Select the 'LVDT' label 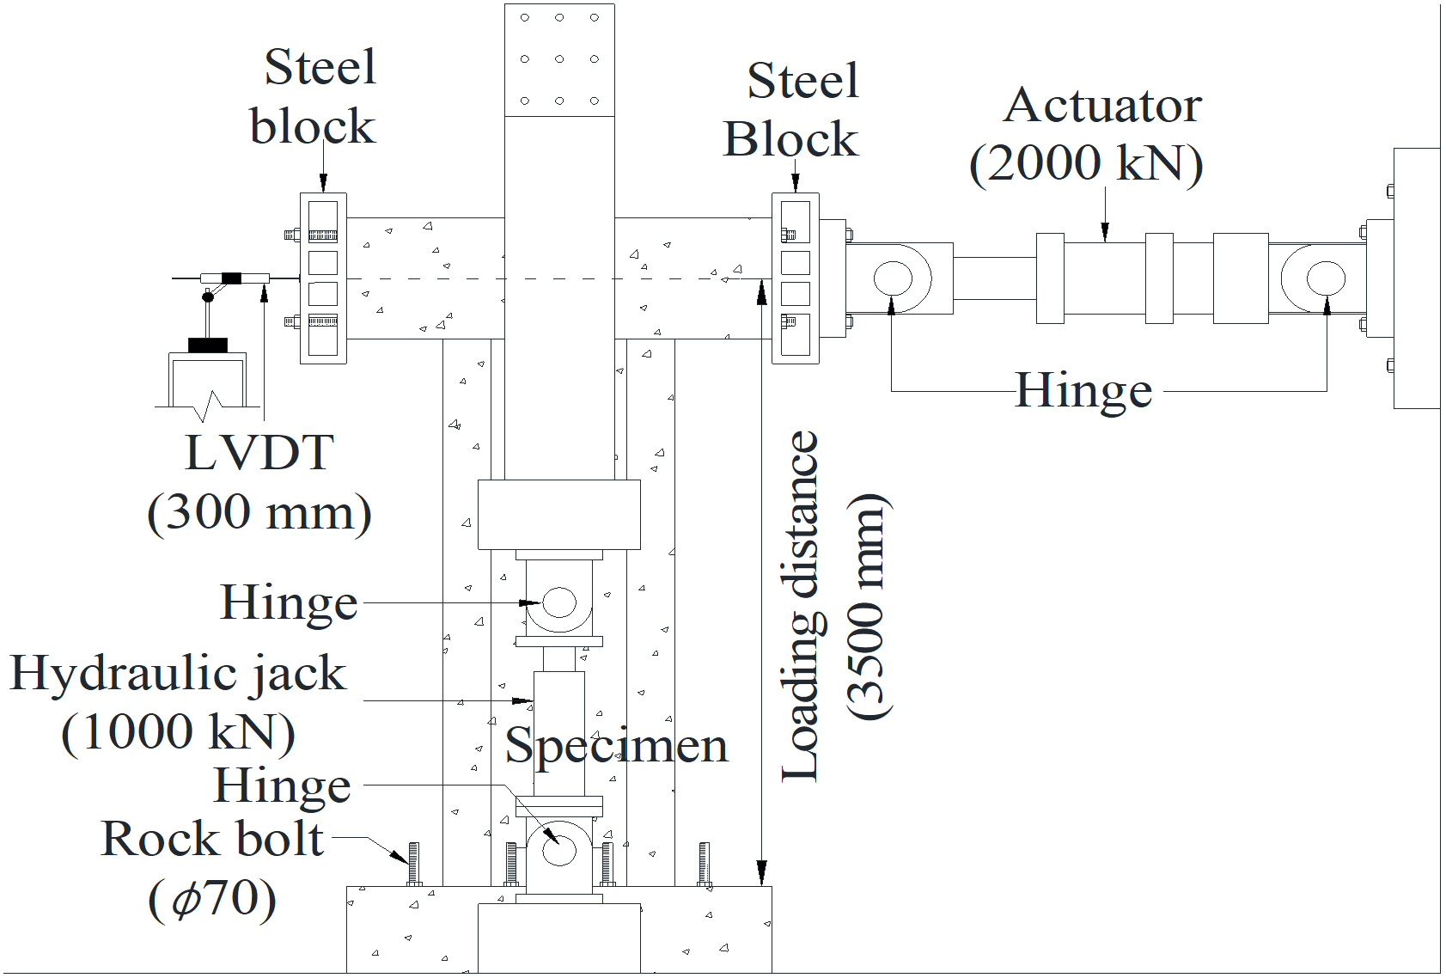[x=259, y=453]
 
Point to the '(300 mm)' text [x=259, y=513]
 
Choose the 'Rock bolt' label [x=212, y=840]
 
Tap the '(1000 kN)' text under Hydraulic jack [x=178, y=733]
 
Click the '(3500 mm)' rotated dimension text [x=869, y=607]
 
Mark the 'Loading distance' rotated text [x=801, y=607]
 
